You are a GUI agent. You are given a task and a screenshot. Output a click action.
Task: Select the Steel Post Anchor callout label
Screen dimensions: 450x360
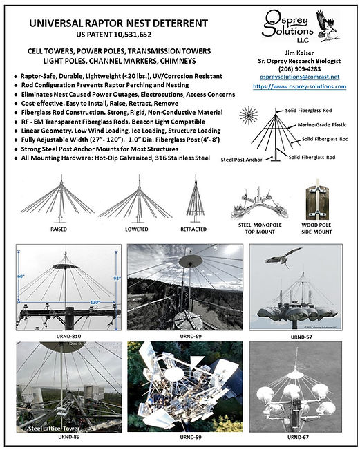click(x=238, y=160)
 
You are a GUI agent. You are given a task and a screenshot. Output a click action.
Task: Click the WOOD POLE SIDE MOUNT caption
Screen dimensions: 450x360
click(x=319, y=229)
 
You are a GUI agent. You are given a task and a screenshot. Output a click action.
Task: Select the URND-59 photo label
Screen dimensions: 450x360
click(x=182, y=437)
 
